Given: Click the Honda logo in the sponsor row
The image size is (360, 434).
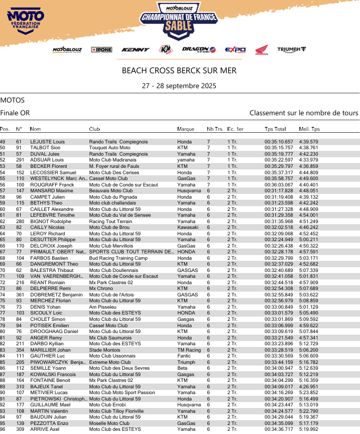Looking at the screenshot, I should [x=261, y=49].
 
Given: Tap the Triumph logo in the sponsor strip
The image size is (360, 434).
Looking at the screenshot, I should [x=291, y=49].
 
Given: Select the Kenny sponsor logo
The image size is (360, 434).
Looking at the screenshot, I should [x=135, y=49].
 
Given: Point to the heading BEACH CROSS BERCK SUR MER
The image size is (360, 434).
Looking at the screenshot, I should [x=179, y=71].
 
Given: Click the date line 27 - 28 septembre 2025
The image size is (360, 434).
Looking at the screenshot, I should [x=179, y=86].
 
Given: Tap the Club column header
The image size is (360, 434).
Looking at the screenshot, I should [x=95, y=129].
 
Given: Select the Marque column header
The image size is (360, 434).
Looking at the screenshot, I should [x=186, y=129].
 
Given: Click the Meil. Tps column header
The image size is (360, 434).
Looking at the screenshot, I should [x=309, y=129].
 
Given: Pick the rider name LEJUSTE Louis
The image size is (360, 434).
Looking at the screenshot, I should [x=47, y=142].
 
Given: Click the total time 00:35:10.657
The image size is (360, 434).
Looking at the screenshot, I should [x=279, y=142].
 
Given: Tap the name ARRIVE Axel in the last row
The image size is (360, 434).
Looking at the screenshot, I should [x=45, y=429].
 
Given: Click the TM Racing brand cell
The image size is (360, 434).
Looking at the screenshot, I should [x=189, y=350].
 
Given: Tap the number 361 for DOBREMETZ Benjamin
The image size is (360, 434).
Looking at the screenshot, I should [x=20, y=294].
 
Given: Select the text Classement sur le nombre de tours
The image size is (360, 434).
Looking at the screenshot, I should [x=304, y=113].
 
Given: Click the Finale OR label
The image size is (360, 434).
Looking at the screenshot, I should [x=15, y=113].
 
